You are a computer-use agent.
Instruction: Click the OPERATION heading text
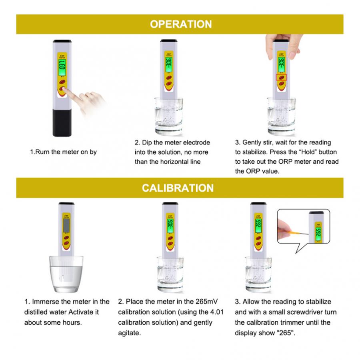click(x=180, y=24)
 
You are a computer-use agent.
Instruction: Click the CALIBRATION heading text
click(x=178, y=188)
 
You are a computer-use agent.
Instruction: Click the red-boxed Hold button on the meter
click(x=282, y=77)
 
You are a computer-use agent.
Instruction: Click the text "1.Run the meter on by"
click(x=64, y=152)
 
